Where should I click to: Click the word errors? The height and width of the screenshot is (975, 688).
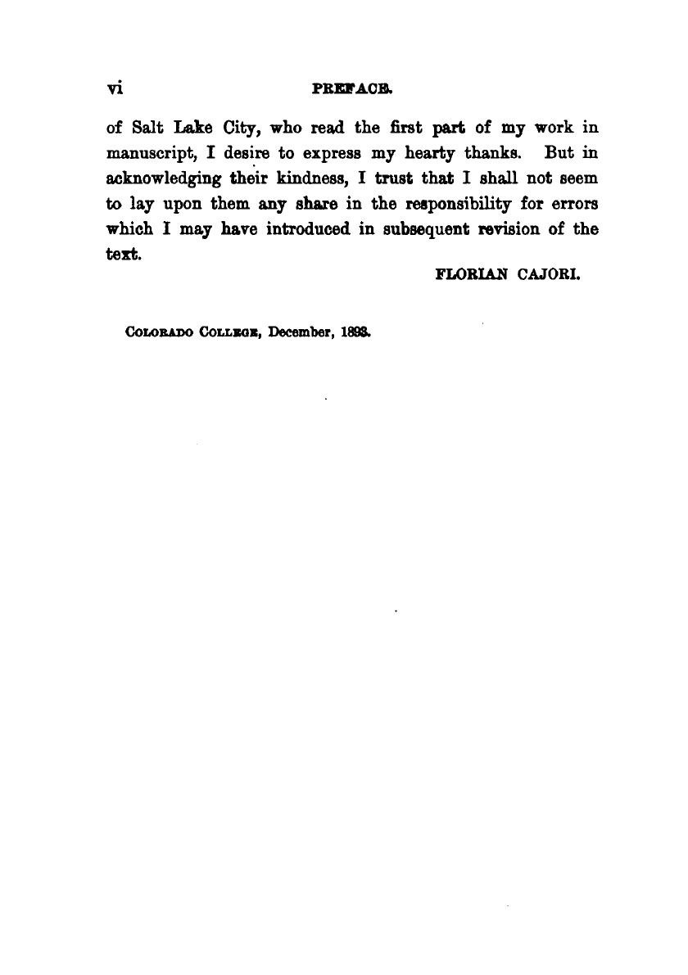pos(575,202)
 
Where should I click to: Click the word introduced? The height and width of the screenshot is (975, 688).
pos(305,228)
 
